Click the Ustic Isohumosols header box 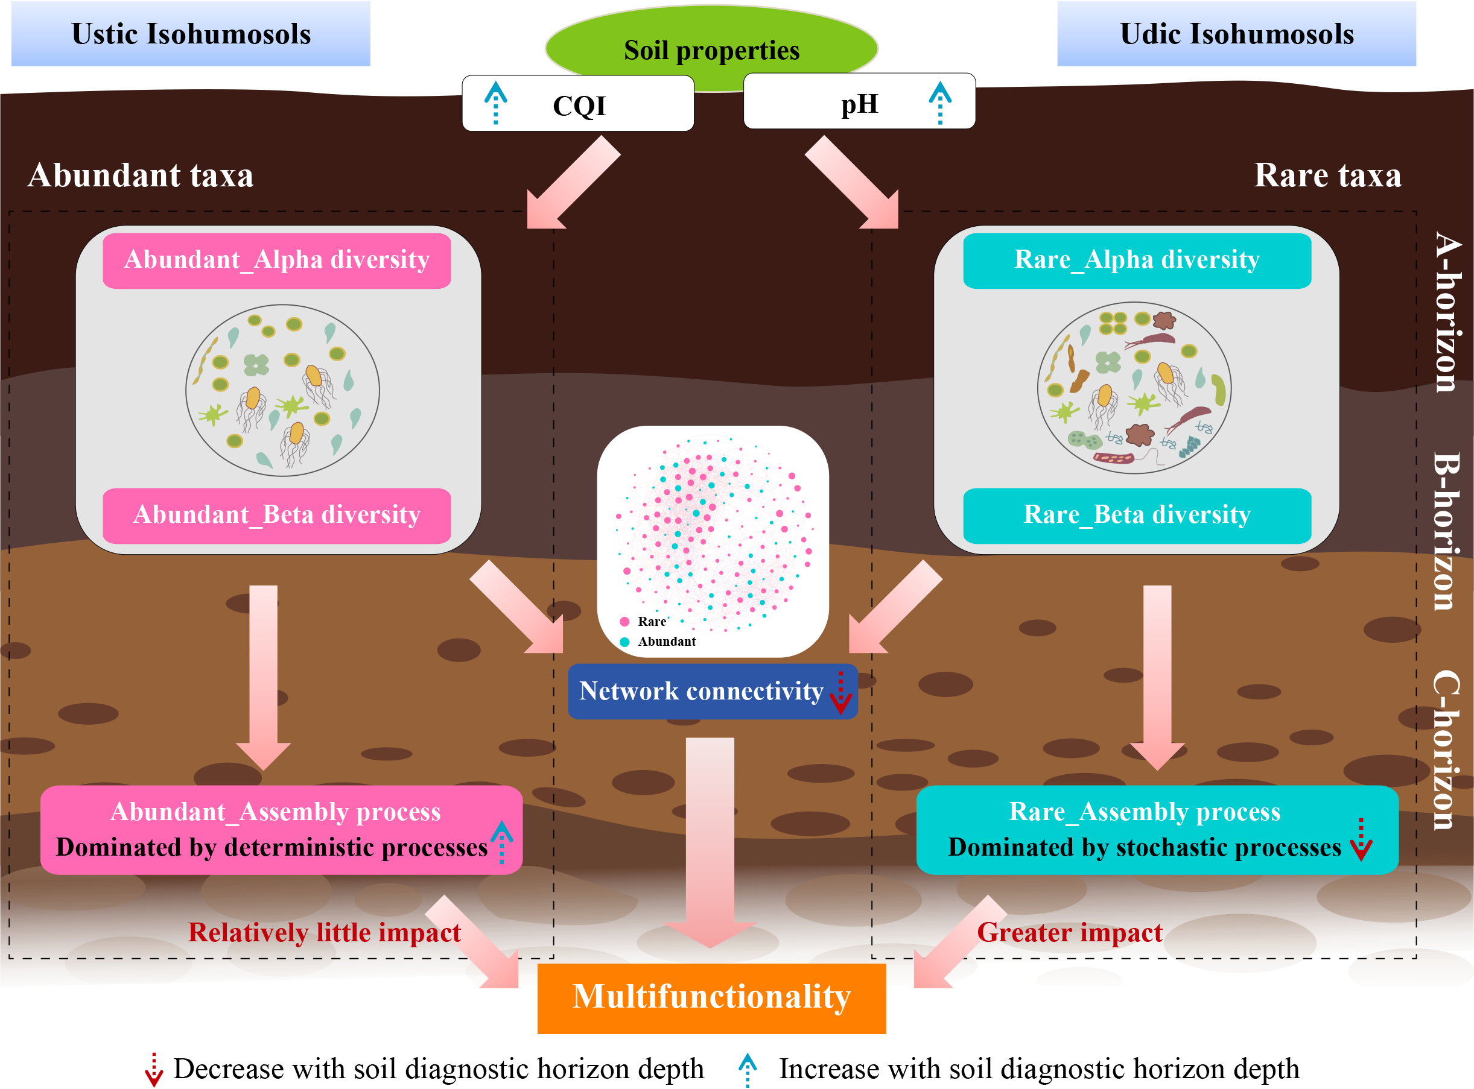tap(191, 34)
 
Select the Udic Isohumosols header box tap(1236, 34)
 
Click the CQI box tap(579, 104)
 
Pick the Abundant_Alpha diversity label tap(276, 260)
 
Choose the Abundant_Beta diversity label tap(276, 516)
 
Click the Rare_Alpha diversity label tap(1136, 260)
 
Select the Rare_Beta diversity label tap(1136, 516)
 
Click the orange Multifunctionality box tap(711, 998)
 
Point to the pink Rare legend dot tap(624, 622)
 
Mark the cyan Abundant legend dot tap(624, 642)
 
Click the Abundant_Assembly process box tap(281, 829)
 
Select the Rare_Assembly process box tap(1157, 829)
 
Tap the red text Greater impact tap(1069, 933)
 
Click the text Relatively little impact tap(324, 933)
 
